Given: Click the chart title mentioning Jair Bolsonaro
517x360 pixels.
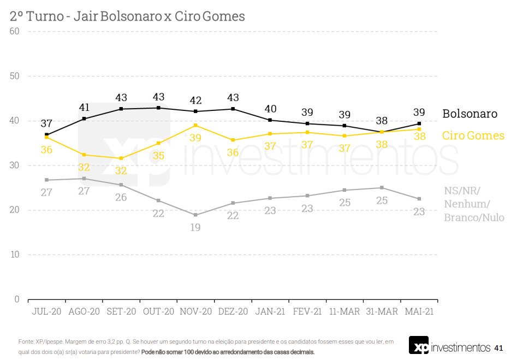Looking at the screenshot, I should [127, 16].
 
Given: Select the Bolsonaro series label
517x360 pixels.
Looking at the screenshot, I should [470, 114].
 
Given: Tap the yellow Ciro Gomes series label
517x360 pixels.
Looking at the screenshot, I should [473, 135].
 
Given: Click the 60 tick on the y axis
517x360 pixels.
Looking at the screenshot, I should [15, 31].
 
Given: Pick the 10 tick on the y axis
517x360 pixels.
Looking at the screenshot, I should [15, 255].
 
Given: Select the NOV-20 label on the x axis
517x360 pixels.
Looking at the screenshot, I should [195, 312].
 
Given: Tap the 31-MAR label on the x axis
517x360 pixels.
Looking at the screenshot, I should [382, 312].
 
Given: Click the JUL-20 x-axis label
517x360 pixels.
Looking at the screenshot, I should [46, 312].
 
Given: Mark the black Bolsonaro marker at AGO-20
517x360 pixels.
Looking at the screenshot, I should [84, 119].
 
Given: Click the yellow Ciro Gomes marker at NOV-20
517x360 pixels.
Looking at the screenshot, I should [195, 126].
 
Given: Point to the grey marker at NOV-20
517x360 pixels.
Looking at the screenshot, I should [195, 215].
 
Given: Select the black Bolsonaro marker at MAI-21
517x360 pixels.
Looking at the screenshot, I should [419, 123].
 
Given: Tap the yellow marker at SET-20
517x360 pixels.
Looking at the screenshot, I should [121, 158].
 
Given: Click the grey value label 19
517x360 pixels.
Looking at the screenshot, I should [195, 227].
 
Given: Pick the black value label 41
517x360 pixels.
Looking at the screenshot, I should [84, 107].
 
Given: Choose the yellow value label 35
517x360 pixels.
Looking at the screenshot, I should [158, 155].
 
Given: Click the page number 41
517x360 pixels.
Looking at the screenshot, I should [498, 348].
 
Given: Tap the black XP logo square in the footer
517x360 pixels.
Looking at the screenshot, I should [419, 345].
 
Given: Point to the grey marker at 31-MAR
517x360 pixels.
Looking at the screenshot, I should [382, 188].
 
